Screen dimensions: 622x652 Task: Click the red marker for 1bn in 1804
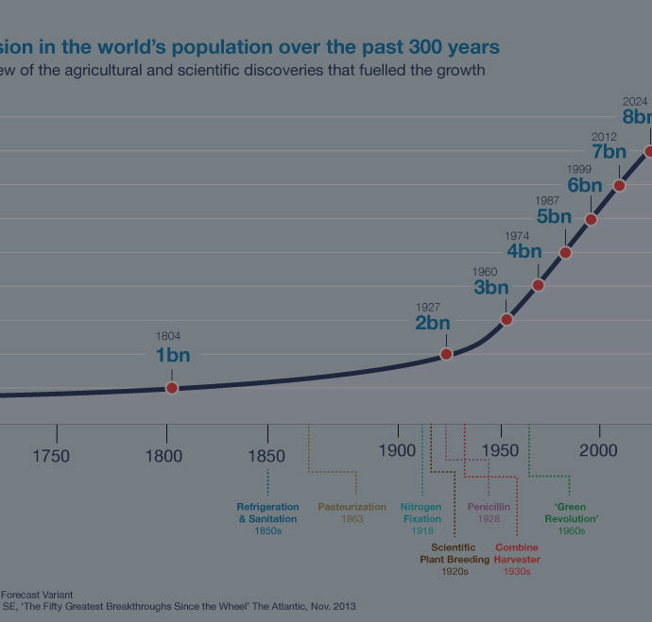coord(172,388)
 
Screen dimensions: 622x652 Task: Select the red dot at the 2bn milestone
coord(447,354)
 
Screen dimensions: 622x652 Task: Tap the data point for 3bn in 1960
coord(506,319)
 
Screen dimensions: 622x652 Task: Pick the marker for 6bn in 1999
coord(591,219)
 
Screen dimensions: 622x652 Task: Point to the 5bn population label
coord(554,217)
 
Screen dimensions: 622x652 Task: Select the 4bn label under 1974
coord(524,252)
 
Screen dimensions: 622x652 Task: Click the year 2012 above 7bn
coord(604,138)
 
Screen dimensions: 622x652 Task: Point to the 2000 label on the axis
coord(598,451)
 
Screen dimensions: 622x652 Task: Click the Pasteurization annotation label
coord(352,507)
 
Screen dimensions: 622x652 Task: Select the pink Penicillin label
coord(489,507)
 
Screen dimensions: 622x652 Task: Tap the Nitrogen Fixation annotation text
coord(421,513)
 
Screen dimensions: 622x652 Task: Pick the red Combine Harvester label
coord(516,553)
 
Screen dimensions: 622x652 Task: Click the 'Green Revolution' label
coord(572,513)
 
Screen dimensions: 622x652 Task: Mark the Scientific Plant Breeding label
coord(455,553)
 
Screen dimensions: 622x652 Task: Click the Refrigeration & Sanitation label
coord(267,513)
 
